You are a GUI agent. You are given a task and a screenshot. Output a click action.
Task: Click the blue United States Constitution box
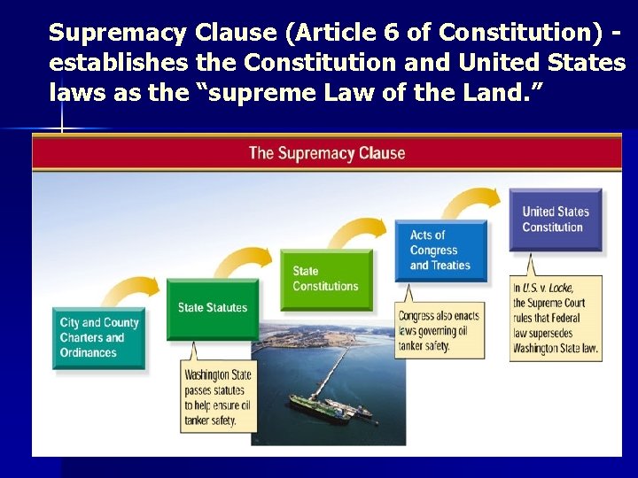pyautogui.click(x=555, y=219)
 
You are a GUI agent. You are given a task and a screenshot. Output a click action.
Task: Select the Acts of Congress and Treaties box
pyautogui.click(x=440, y=251)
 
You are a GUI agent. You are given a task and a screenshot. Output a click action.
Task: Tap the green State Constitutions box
pyautogui.click(x=326, y=279)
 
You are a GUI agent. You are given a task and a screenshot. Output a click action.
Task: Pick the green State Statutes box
pyautogui.click(x=213, y=308)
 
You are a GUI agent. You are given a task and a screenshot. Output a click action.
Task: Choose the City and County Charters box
pyautogui.click(x=98, y=337)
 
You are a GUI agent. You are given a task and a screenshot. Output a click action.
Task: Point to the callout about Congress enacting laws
pyautogui.click(x=440, y=330)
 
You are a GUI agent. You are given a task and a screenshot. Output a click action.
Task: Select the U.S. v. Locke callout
pyautogui.click(x=556, y=317)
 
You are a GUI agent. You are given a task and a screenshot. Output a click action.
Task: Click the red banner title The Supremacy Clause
pyautogui.click(x=326, y=153)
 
